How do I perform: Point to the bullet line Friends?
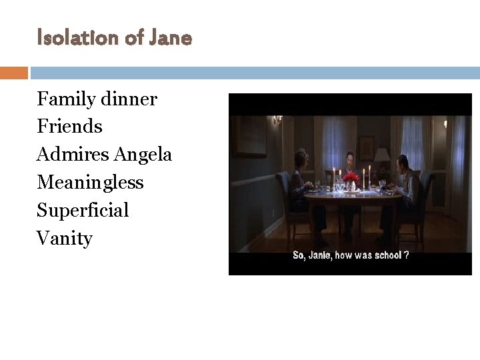[69, 127]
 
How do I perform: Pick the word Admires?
[73, 155]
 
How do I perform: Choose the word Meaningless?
[90, 182]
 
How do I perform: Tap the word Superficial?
[83, 211]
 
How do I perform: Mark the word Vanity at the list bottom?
[65, 239]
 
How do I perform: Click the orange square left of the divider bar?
[14, 73]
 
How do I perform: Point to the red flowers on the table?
[351, 178]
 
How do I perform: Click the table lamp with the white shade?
[382, 157]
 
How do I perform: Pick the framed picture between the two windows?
[366, 146]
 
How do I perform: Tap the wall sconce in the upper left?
[277, 119]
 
